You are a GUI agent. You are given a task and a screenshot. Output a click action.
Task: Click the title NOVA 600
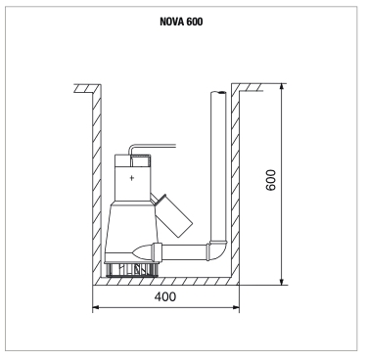click(181, 22)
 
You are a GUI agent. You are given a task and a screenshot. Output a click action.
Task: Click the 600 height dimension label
click(271, 180)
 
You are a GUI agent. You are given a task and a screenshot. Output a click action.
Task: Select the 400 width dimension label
click(165, 296)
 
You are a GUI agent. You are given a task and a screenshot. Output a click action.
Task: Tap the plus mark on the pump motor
click(132, 178)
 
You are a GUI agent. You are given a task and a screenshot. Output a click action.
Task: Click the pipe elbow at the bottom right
click(217, 250)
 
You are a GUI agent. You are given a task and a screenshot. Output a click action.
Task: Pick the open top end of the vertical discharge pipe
click(218, 93)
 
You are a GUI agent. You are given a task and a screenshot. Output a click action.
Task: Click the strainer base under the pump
click(131, 270)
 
